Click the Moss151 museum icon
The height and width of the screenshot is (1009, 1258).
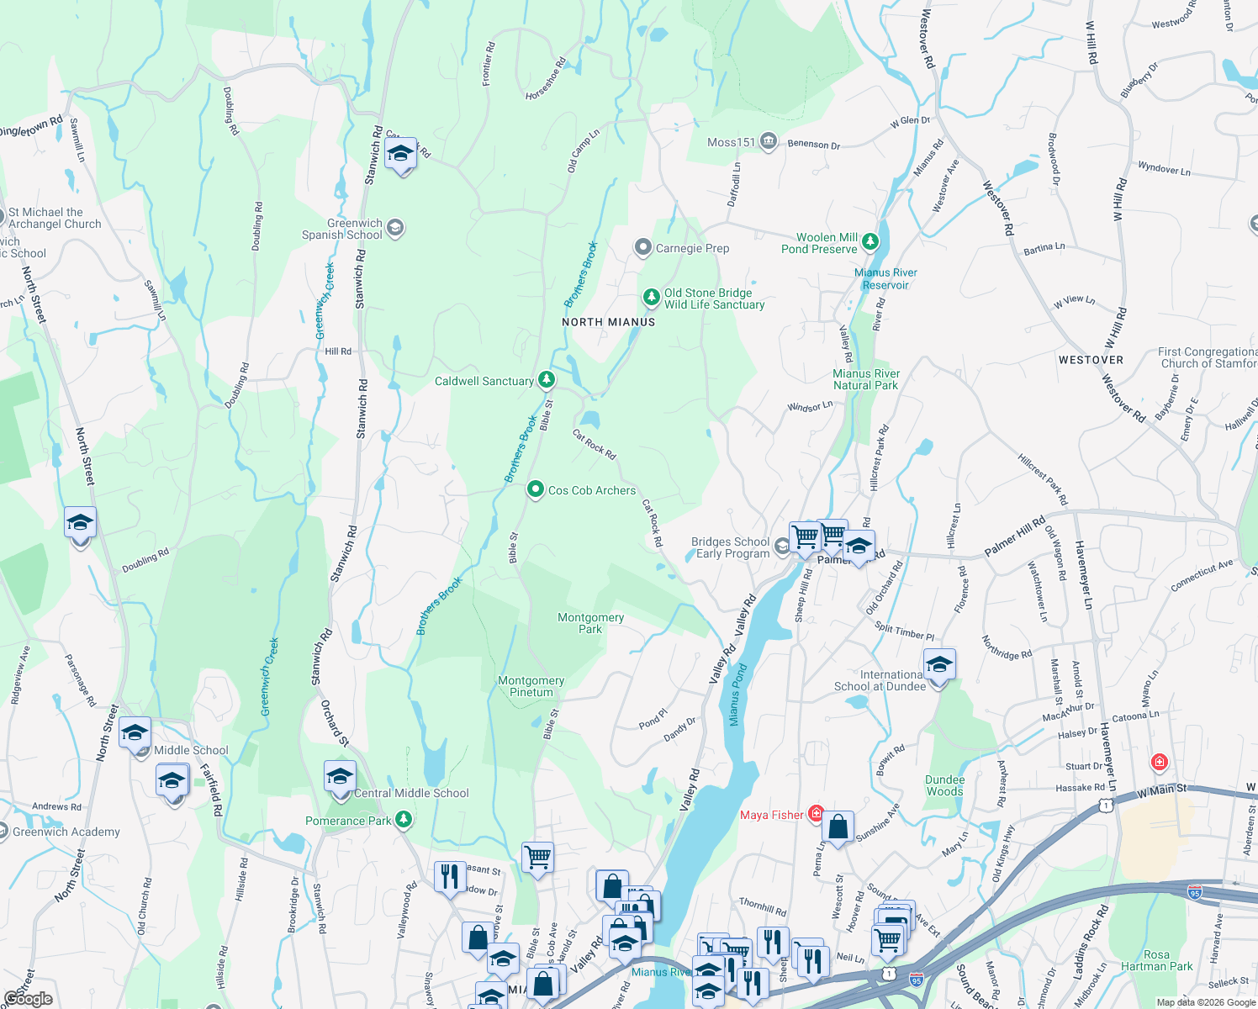768,141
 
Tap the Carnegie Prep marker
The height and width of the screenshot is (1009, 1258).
643,247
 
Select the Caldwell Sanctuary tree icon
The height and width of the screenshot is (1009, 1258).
547,380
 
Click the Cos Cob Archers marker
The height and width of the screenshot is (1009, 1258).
535,489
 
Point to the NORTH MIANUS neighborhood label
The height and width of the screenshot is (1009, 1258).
608,322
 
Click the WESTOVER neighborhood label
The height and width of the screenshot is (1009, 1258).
1091,360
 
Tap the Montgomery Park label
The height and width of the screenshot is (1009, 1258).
590,623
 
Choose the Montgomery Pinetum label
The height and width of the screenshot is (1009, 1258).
531,686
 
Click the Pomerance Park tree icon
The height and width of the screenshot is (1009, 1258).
404,819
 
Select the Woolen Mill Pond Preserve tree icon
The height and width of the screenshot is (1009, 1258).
870,242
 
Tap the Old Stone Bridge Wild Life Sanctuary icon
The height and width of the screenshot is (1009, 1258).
651,298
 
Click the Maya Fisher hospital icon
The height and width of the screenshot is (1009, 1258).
816,813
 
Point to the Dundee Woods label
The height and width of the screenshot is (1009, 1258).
944,785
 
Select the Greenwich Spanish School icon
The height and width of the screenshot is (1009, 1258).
395,228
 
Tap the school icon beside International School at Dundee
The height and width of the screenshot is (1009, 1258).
938,665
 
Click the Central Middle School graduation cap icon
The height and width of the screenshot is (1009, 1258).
340,776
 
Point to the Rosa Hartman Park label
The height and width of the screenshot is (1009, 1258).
1156,960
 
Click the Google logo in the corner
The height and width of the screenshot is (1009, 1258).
28,998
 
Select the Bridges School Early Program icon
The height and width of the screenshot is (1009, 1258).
782,547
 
